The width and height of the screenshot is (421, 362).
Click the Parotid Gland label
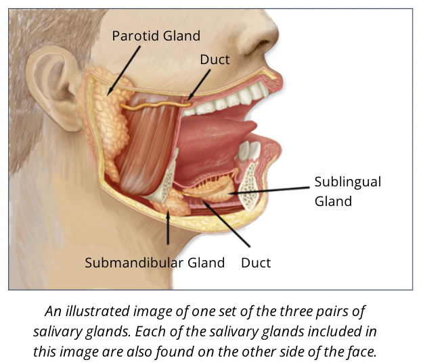[x=156, y=35]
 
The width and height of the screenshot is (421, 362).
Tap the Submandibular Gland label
[x=154, y=263]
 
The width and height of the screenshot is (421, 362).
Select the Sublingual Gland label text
[x=347, y=191]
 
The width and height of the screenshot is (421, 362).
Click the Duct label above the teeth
[x=215, y=59]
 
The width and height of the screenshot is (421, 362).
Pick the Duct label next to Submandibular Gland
[x=256, y=263]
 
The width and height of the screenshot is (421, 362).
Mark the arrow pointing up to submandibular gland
[x=167, y=230]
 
